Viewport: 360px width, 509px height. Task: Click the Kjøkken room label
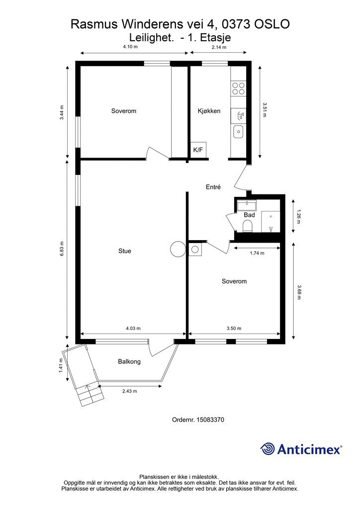point(209,111)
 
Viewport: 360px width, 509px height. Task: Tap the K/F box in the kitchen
point(198,150)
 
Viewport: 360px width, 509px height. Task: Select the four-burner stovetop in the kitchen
point(238,88)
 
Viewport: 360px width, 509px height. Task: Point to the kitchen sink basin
point(238,131)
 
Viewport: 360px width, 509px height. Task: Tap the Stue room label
point(125,251)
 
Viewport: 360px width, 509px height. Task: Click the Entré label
point(213,187)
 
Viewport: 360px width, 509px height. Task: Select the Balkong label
point(129,362)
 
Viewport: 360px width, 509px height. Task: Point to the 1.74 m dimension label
point(257,253)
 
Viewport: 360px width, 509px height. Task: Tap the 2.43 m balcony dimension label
point(129,391)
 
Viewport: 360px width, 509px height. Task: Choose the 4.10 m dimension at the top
point(130,47)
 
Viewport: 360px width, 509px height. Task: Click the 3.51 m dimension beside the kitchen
point(264,110)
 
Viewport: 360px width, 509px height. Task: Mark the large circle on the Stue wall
point(178,250)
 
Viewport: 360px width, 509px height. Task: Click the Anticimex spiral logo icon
point(268,449)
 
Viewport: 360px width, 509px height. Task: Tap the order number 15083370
point(210,420)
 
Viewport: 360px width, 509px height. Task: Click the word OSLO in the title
point(272,24)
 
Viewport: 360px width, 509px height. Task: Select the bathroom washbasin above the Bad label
point(247,205)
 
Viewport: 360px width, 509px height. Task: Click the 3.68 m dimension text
point(299,292)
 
